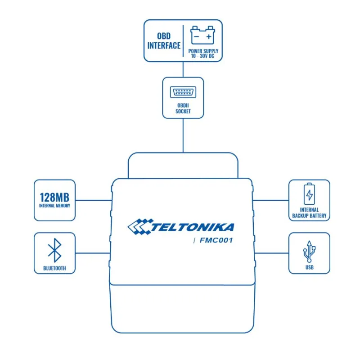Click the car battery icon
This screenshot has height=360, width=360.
tap(202, 35)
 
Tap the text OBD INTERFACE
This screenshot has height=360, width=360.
tap(164, 40)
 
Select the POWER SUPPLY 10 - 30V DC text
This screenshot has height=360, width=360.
tap(203, 53)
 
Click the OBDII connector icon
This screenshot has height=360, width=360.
tap(183, 93)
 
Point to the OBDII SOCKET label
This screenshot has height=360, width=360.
tap(183, 108)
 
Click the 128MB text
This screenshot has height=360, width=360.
tap(54, 197)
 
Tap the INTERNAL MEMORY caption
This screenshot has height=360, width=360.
tap(54, 206)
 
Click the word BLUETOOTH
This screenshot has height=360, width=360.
tap(54, 268)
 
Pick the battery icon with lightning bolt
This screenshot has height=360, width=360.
tap(309, 194)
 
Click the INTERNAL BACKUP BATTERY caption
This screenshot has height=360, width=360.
tap(309, 212)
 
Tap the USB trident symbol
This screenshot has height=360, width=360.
tap(309, 252)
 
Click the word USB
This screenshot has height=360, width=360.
tap(309, 268)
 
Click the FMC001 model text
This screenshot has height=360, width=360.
tap(217, 240)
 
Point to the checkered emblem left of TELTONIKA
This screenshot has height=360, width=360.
tap(139, 226)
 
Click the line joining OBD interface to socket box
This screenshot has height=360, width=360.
tap(183, 69)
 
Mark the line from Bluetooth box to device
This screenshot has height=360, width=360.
tap(93, 253)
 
